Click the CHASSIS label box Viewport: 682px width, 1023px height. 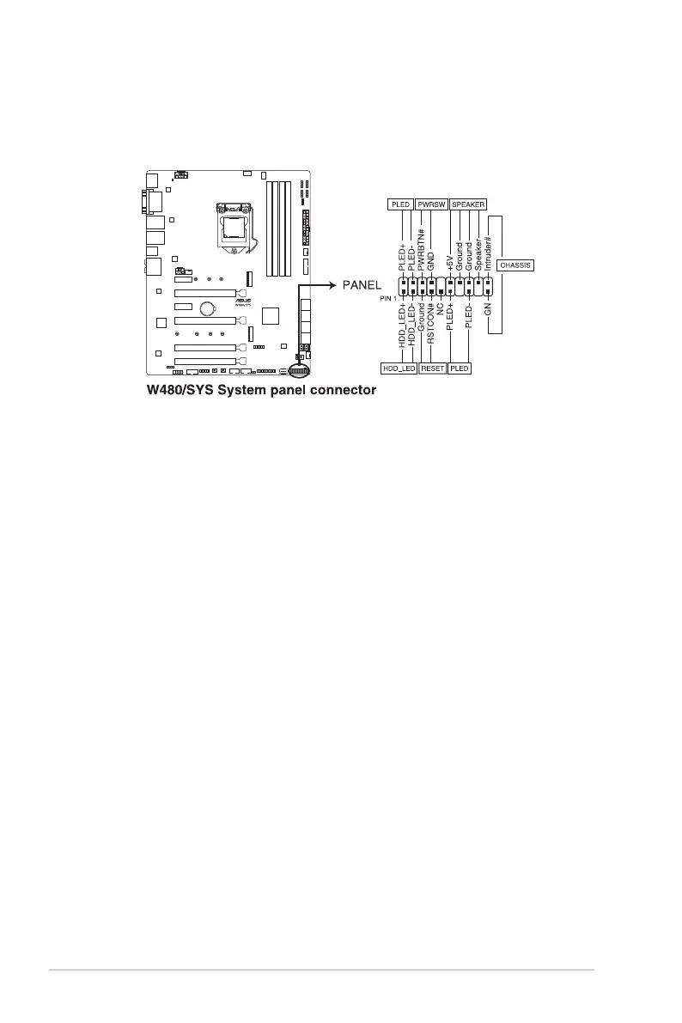515,265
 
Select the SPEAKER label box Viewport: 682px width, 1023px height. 468,204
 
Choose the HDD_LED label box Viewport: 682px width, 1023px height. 399,368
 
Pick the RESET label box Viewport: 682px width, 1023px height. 433,368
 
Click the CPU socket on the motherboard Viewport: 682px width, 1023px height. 234,227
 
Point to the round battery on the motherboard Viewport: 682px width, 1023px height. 207,309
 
